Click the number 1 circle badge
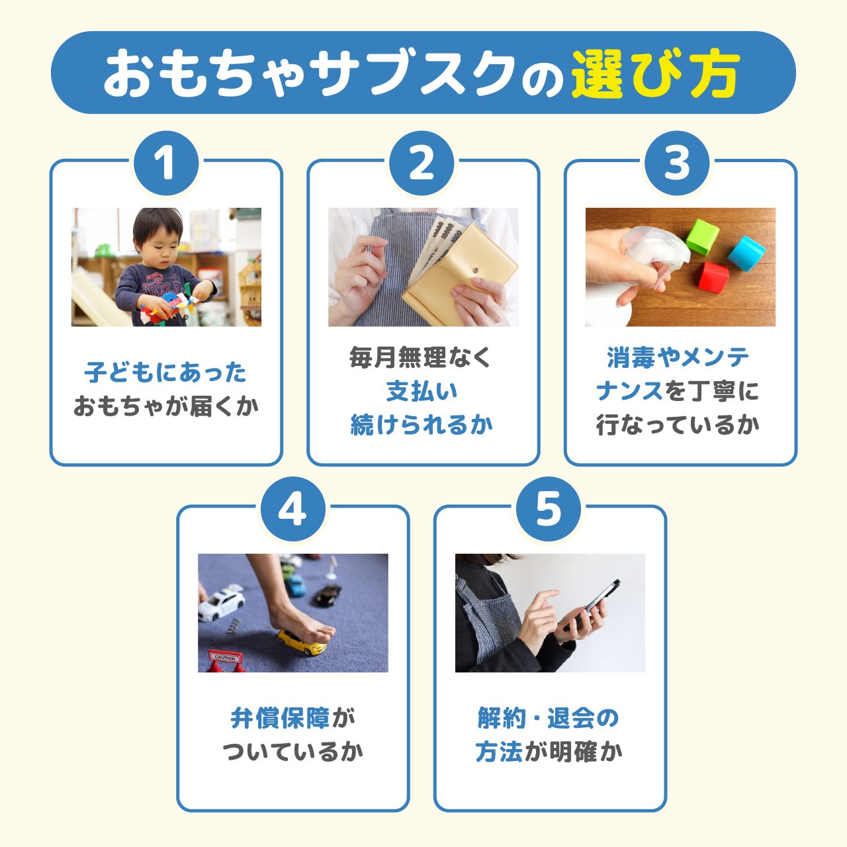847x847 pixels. pos(165,163)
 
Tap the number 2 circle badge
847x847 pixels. pos(422,163)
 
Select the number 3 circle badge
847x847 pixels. pos(676,163)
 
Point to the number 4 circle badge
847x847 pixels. pos(292,510)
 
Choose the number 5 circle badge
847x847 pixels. pos(548,510)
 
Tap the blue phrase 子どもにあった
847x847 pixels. pos(165,373)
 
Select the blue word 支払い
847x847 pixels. pos(422,391)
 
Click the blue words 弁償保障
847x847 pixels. pos(280,718)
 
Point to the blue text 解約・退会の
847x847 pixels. pos(548,718)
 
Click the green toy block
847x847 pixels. pos(702,236)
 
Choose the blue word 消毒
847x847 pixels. pos(631,358)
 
